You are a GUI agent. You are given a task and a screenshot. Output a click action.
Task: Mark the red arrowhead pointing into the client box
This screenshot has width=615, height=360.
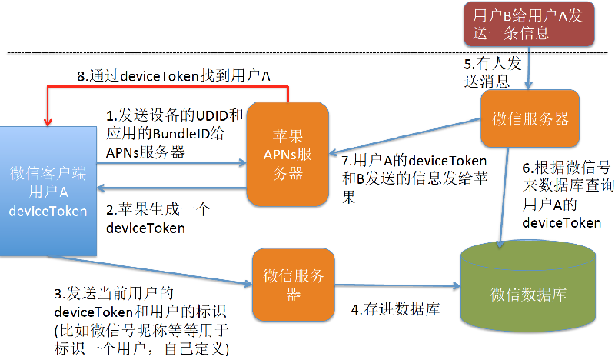[x=48, y=119]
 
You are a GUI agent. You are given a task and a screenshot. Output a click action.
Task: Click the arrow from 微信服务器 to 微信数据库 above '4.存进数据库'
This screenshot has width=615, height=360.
[x=400, y=287]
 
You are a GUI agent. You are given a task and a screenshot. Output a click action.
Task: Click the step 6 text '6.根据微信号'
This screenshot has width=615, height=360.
[x=560, y=169]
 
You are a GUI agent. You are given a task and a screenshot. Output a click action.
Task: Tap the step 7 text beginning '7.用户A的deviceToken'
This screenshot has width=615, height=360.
[x=414, y=162]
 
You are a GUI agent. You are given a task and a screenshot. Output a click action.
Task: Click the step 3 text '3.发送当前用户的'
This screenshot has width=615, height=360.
[x=115, y=295]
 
